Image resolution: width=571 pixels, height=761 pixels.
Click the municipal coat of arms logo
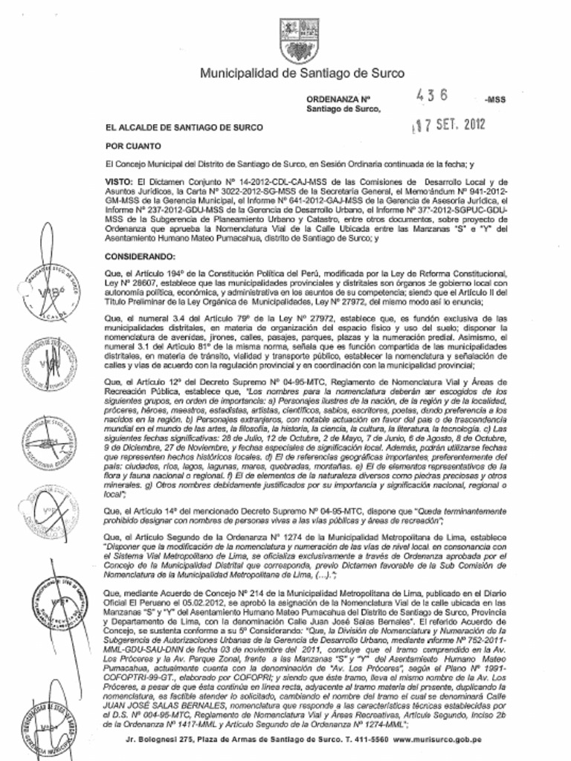pyautogui.click(x=299, y=40)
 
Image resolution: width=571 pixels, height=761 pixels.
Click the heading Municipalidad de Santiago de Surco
pyautogui.click(x=302, y=73)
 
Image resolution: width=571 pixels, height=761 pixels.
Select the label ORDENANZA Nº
pyautogui.click(x=338, y=99)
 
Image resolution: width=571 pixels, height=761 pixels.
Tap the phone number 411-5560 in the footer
pyautogui.click(x=370, y=740)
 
